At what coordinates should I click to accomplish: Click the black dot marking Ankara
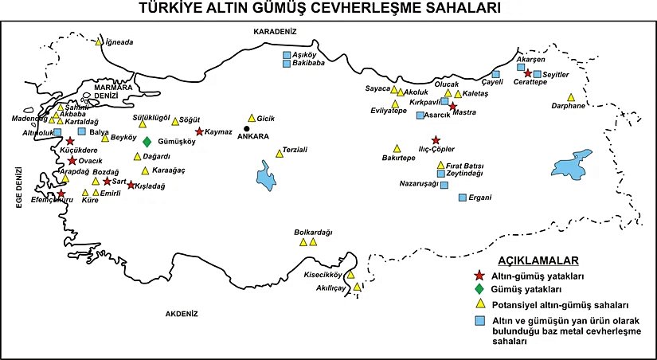click(247, 128)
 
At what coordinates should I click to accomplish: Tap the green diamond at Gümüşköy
click(147, 142)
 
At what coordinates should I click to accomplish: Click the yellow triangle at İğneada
click(99, 42)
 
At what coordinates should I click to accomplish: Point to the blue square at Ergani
click(462, 197)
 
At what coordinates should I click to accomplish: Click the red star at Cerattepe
click(528, 73)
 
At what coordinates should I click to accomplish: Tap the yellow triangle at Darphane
click(571, 97)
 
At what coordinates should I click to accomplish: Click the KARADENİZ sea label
click(274, 31)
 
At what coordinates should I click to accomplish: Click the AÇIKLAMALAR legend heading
click(538, 260)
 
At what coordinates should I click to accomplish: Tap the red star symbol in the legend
click(479, 275)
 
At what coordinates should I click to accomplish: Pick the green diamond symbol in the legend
click(479, 288)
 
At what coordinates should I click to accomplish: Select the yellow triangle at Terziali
click(279, 152)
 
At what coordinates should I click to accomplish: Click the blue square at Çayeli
click(496, 73)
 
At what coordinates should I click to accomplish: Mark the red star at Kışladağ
click(131, 185)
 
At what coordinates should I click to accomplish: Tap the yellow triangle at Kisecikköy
click(350, 275)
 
